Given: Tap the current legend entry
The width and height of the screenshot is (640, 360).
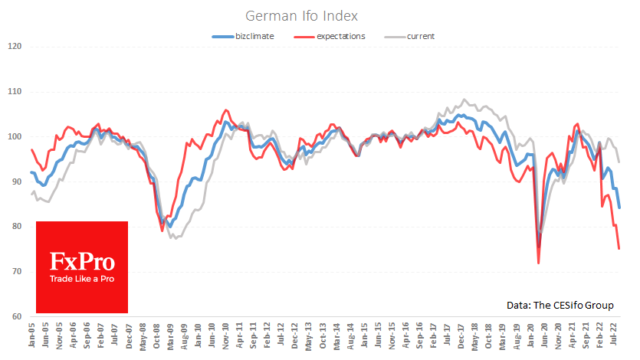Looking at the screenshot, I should pos(419,36).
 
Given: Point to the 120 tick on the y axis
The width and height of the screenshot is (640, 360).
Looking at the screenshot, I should pos(13,47).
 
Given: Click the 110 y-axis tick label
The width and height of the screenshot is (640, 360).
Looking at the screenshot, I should pos(13,92).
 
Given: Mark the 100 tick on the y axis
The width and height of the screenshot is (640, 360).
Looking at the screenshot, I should pos(13,136).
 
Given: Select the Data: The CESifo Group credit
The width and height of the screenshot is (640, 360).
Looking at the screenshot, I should pos(560,305).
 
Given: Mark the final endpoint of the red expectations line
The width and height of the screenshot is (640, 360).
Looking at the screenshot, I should pos(619,248).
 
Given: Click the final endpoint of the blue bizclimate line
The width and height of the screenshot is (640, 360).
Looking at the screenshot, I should pos(619,208).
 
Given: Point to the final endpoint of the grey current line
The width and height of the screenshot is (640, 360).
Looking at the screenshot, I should pos(619,162).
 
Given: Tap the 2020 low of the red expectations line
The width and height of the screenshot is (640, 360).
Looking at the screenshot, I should pos(538,263).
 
